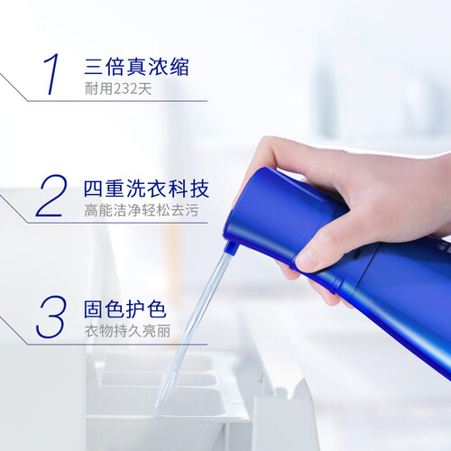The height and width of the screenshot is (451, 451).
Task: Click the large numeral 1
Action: pos(51,74)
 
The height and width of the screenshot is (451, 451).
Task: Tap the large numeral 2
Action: pos(51,196)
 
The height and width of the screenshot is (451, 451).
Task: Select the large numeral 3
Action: pos(51,317)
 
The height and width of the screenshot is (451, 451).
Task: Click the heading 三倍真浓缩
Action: pos(137,67)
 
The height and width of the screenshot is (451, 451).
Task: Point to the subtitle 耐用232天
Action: pos(118,88)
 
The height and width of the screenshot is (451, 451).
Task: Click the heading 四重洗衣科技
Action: pos(146,189)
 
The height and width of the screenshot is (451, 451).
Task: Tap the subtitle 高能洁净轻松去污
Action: pos(142,210)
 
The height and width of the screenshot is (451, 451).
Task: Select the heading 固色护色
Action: pos(124,309)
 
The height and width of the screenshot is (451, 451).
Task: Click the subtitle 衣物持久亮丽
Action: pos(127,331)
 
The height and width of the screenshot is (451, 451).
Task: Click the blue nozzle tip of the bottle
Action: pos(231,247)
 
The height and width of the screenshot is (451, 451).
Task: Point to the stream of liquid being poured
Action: pos(192,332)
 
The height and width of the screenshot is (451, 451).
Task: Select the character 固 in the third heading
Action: pos(93,309)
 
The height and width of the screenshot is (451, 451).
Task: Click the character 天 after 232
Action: pos(143,88)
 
